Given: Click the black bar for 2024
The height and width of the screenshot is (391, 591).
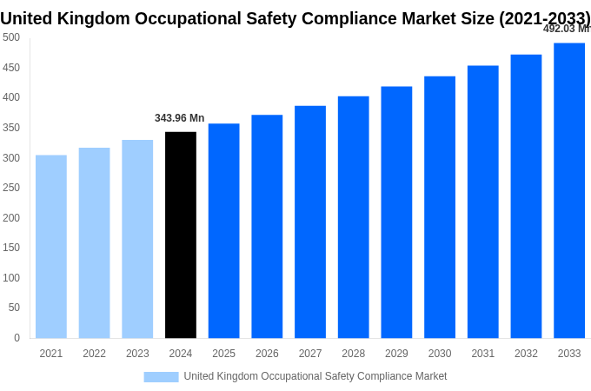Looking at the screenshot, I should (181, 235).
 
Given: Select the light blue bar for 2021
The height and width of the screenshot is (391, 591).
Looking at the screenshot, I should (51, 247).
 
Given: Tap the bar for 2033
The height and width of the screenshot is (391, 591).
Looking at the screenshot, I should (569, 190).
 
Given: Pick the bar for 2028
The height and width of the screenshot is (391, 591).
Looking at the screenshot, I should (353, 217).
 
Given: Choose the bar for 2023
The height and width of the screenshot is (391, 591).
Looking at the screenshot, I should (137, 239).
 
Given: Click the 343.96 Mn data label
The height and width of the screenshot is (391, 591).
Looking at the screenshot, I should (180, 118).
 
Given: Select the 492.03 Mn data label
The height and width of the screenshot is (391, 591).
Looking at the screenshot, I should (566, 29).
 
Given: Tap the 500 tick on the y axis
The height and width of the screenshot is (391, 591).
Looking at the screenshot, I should (11, 37).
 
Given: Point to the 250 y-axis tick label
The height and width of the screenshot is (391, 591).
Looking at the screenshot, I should (11, 188).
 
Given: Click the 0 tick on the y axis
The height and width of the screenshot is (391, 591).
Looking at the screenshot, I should (17, 338).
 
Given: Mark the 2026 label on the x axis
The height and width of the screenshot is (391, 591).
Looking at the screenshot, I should (267, 354).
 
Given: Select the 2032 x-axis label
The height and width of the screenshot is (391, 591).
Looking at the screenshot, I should (526, 354).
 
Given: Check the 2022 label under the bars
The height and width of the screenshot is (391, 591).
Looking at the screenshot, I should (94, 354).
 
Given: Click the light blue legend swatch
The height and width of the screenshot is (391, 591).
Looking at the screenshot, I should (161, 377).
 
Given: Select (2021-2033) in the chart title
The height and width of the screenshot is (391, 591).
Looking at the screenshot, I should (544, 18).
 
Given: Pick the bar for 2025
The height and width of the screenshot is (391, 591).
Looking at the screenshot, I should (223, 231).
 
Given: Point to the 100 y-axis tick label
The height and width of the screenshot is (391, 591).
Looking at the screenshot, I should (11, 278).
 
